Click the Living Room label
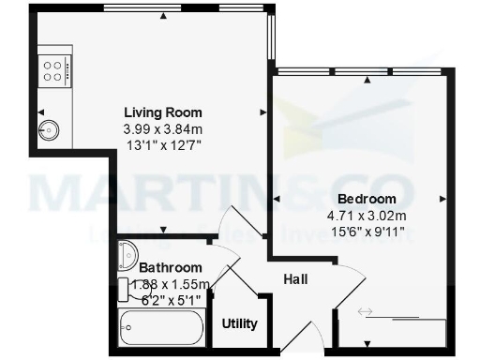pyautogui.click(x=163, y=113)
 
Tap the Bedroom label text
pyautogui.click(x=367, y=199)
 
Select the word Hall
pyautogui.click(x=296, y=278)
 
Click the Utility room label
pyautogui.click(x=239, y=323)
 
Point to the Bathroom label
pyautogui.click(x=172, y=267)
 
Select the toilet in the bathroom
pyautogui.click(x=129, y=253)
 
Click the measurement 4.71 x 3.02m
pyautogui.click(x=367, y=215)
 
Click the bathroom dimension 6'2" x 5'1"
pyautogui.click(x=172, y=301)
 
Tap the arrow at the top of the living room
pyautogui.click(x=163, y=16)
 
